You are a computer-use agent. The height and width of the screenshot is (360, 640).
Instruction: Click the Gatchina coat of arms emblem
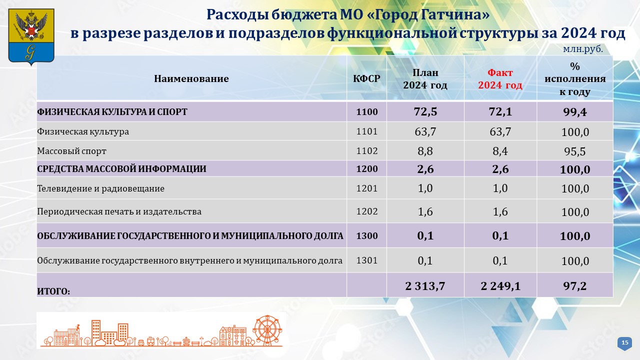(x=31, y=36)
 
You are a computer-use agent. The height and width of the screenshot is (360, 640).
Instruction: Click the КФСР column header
(x=366, y=78)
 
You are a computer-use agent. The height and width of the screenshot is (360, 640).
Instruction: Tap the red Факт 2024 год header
(x=500, y=79)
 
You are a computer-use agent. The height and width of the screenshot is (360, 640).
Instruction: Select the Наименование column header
(x=191, y=78)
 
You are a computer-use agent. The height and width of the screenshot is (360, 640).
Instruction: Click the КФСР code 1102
(x=367, y=151)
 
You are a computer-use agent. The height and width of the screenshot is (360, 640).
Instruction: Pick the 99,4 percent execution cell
(x=575, y=112)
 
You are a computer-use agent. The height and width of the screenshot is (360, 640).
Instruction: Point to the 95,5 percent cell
(x=575, y=151)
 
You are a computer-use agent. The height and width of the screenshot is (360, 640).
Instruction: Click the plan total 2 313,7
(x=425, y=285)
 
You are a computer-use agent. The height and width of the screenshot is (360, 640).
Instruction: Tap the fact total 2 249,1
(x=500, y=285)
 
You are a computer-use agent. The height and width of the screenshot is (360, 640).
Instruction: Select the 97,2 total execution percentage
(x=575, y=285)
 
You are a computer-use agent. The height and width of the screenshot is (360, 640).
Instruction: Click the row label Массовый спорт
(x=71, y=151)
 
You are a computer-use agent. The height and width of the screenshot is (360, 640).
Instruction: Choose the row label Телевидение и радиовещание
(x=101, y=188)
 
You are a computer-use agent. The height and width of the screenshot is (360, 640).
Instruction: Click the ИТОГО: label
(x=53, y=291)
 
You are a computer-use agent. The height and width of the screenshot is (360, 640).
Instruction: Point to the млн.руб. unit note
(x=583, y=49)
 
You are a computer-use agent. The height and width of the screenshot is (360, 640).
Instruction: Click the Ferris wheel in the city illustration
(x=267, y=330)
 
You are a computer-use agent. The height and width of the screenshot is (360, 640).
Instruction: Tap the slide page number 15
(x=625, y=342)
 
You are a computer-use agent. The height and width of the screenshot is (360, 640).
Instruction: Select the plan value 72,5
(x=425, y=111)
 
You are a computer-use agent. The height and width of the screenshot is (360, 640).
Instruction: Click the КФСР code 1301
(x=367, y=260)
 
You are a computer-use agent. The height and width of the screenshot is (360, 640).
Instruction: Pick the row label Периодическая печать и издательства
(x=119, y=211)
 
